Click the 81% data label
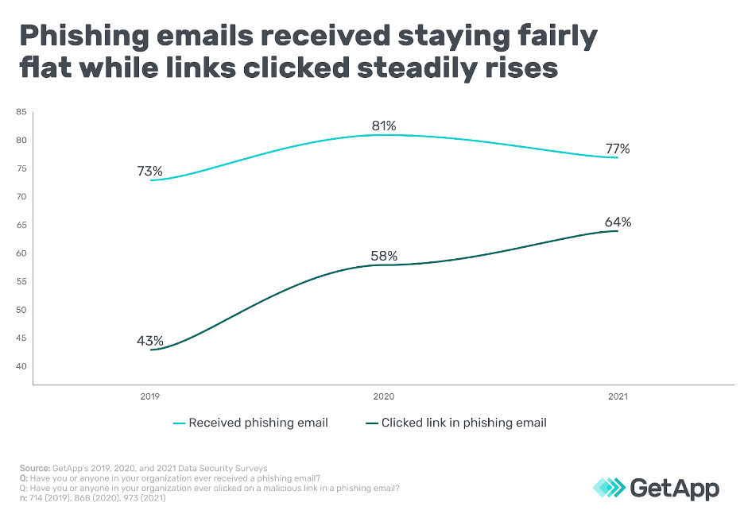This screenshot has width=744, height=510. [x=383, y=126]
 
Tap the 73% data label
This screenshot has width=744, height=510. [x=149, y=171]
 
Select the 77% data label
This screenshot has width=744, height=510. [x=617, y=149]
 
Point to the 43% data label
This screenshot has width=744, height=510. [x=149, y=340]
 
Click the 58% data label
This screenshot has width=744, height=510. [x=383, y=256]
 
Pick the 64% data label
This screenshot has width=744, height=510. [x=617, y=222]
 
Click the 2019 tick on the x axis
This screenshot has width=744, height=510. [x=149, y=395]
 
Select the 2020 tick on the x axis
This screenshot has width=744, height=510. [x=383, y=395]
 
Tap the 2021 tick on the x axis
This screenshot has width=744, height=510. [x=617, y=395]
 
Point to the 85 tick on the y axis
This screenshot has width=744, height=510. [x=21, y=112]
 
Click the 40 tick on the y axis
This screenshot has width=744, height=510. [x=21, y=366]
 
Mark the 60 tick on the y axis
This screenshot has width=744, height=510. [x=21, y=253]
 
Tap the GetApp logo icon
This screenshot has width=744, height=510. [x=609, y=486]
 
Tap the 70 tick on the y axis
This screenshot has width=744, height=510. [x=21, y=197]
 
